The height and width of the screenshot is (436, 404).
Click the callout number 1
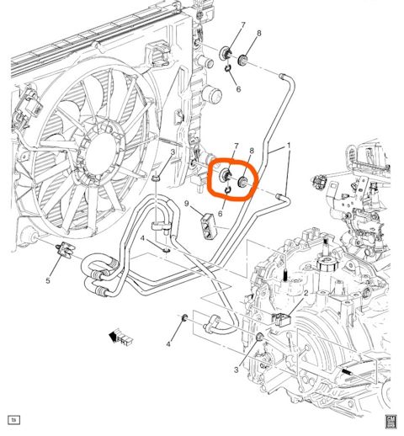(x=289, y=146)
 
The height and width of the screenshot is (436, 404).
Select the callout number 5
(x=48, y=281)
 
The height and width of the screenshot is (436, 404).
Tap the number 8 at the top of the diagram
(x=259, y=33)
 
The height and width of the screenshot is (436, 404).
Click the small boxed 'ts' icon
(x=13, y=419)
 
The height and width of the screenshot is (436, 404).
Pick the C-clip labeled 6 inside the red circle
(x=230, y=195)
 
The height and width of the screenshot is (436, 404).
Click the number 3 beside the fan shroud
(x=172, y=152)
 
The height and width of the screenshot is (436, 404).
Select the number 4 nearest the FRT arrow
(x=168, y=344)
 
